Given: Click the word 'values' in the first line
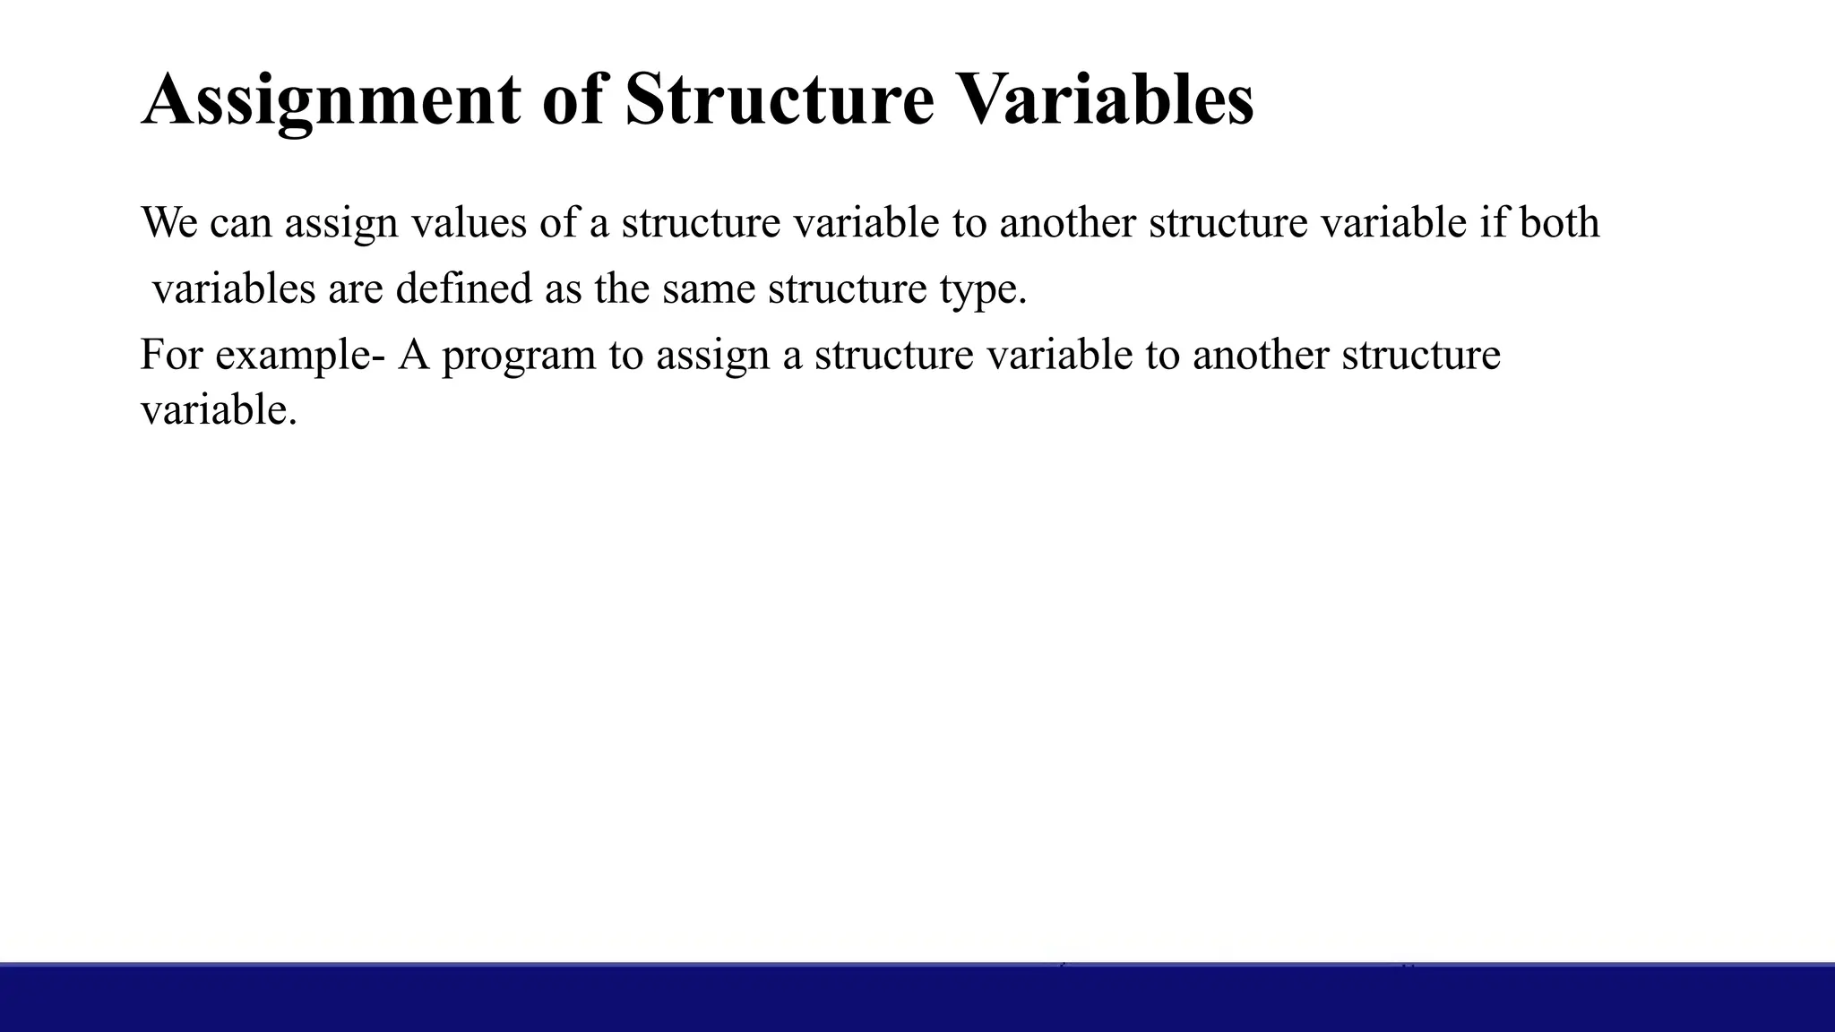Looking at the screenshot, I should (469, 222).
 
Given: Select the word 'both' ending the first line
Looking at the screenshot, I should (1559, 222).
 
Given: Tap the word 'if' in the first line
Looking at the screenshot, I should (1493, 222).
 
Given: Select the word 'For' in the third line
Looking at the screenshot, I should (171, 355).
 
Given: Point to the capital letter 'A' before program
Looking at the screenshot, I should (414, 355).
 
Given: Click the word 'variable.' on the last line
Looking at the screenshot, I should (219, 410).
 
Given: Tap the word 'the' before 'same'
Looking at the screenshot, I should (622, 288).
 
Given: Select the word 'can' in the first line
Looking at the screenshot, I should (241, 222).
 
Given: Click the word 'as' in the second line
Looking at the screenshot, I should (563, 288).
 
